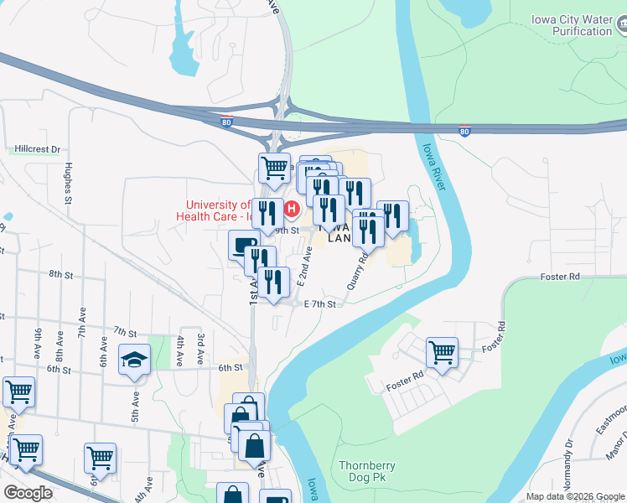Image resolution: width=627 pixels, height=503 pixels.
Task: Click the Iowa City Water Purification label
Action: [x=573, y=26]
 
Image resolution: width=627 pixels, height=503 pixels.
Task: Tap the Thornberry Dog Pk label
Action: [x=367, y=472]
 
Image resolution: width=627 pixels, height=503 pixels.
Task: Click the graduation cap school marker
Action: [x=134, y=360]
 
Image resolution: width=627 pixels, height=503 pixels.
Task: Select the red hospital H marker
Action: [x=293, y=209]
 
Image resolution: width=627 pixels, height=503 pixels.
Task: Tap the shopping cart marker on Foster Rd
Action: [x=442, y=352]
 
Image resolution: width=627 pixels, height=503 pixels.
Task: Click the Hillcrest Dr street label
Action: [x=38, y=149]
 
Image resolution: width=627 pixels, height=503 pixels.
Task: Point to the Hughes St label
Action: [x=68, y=183]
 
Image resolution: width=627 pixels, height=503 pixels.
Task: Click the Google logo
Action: [x=28, y=493]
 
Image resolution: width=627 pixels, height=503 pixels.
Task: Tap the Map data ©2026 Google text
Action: [x=575, y=496]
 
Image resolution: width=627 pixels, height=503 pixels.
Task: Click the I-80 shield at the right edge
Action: [x=464, y=131]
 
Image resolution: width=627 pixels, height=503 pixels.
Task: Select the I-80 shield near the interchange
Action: [x=226, y=121]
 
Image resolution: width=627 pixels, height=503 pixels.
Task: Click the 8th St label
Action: [x=60, y=274]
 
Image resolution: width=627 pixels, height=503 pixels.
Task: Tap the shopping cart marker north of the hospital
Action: [x=274, y=169]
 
